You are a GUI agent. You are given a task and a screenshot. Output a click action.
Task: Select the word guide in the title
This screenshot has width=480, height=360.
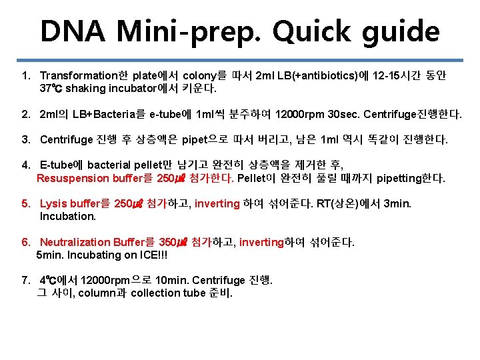[x=407, y=31]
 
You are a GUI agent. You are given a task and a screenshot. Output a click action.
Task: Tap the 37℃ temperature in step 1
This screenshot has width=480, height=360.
[x=51, y=88]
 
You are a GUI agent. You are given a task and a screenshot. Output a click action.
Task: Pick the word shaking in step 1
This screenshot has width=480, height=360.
[x=84, y=88]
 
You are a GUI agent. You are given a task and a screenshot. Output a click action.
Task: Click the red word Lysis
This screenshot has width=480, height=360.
[x=53, y=204]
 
